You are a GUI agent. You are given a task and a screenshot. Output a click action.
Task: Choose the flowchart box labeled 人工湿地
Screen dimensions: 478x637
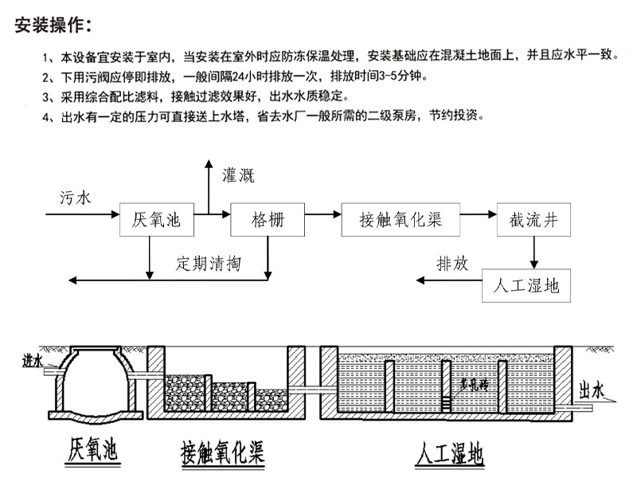(526, 285)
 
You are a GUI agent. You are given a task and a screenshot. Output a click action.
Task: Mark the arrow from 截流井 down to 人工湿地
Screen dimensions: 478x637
(534, 253)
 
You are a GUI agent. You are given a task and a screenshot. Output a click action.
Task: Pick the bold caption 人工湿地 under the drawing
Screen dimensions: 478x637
(449, 456)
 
